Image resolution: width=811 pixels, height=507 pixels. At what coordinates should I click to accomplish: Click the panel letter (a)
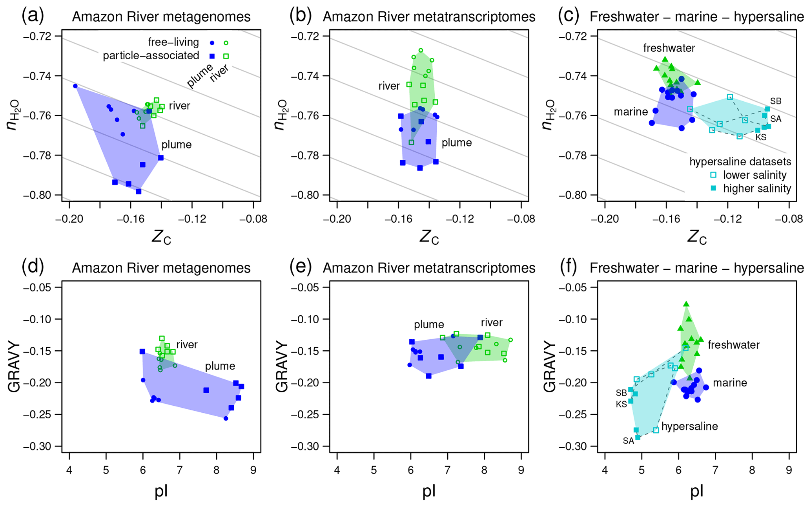[x=33, y=16]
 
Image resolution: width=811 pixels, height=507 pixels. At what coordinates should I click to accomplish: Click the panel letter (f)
[x=568, y=267]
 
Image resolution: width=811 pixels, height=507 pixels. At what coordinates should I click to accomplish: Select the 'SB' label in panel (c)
[x=776, y=101]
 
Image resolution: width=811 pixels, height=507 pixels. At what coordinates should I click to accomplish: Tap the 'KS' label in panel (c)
[x=761, y=137]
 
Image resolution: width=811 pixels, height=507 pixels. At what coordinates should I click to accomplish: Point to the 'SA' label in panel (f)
[x=628, y=441]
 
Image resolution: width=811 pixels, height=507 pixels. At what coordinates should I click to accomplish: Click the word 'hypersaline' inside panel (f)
[x=689, y=426]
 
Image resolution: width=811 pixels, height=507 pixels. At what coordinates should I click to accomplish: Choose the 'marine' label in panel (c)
[x=631, y=112]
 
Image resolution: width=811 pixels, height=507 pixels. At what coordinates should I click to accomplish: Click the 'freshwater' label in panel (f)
[x=734, y=345]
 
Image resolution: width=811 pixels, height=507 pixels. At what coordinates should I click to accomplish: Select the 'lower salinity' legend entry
[x=755, y=175]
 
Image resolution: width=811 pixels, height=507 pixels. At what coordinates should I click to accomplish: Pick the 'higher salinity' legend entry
[x=757, y=189]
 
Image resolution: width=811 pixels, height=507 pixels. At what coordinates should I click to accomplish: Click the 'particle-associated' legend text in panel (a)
[x=151, y=56]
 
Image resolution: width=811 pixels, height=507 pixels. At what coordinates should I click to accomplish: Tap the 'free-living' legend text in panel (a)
[x=173, y=42]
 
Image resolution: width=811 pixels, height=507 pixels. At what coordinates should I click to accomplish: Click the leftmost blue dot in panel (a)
[x=75, y=86]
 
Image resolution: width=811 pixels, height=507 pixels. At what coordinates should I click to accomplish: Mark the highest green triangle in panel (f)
[x=686, y=304]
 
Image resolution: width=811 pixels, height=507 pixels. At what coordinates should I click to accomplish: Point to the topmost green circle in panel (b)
[x=421, y=50]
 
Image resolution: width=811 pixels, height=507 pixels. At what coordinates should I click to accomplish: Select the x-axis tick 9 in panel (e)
[x=521, y=469]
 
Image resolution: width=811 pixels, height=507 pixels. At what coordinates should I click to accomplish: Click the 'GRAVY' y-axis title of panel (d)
[x=15, y=367]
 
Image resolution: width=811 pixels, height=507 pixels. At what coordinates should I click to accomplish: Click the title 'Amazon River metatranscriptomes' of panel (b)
[x=429, y=17]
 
